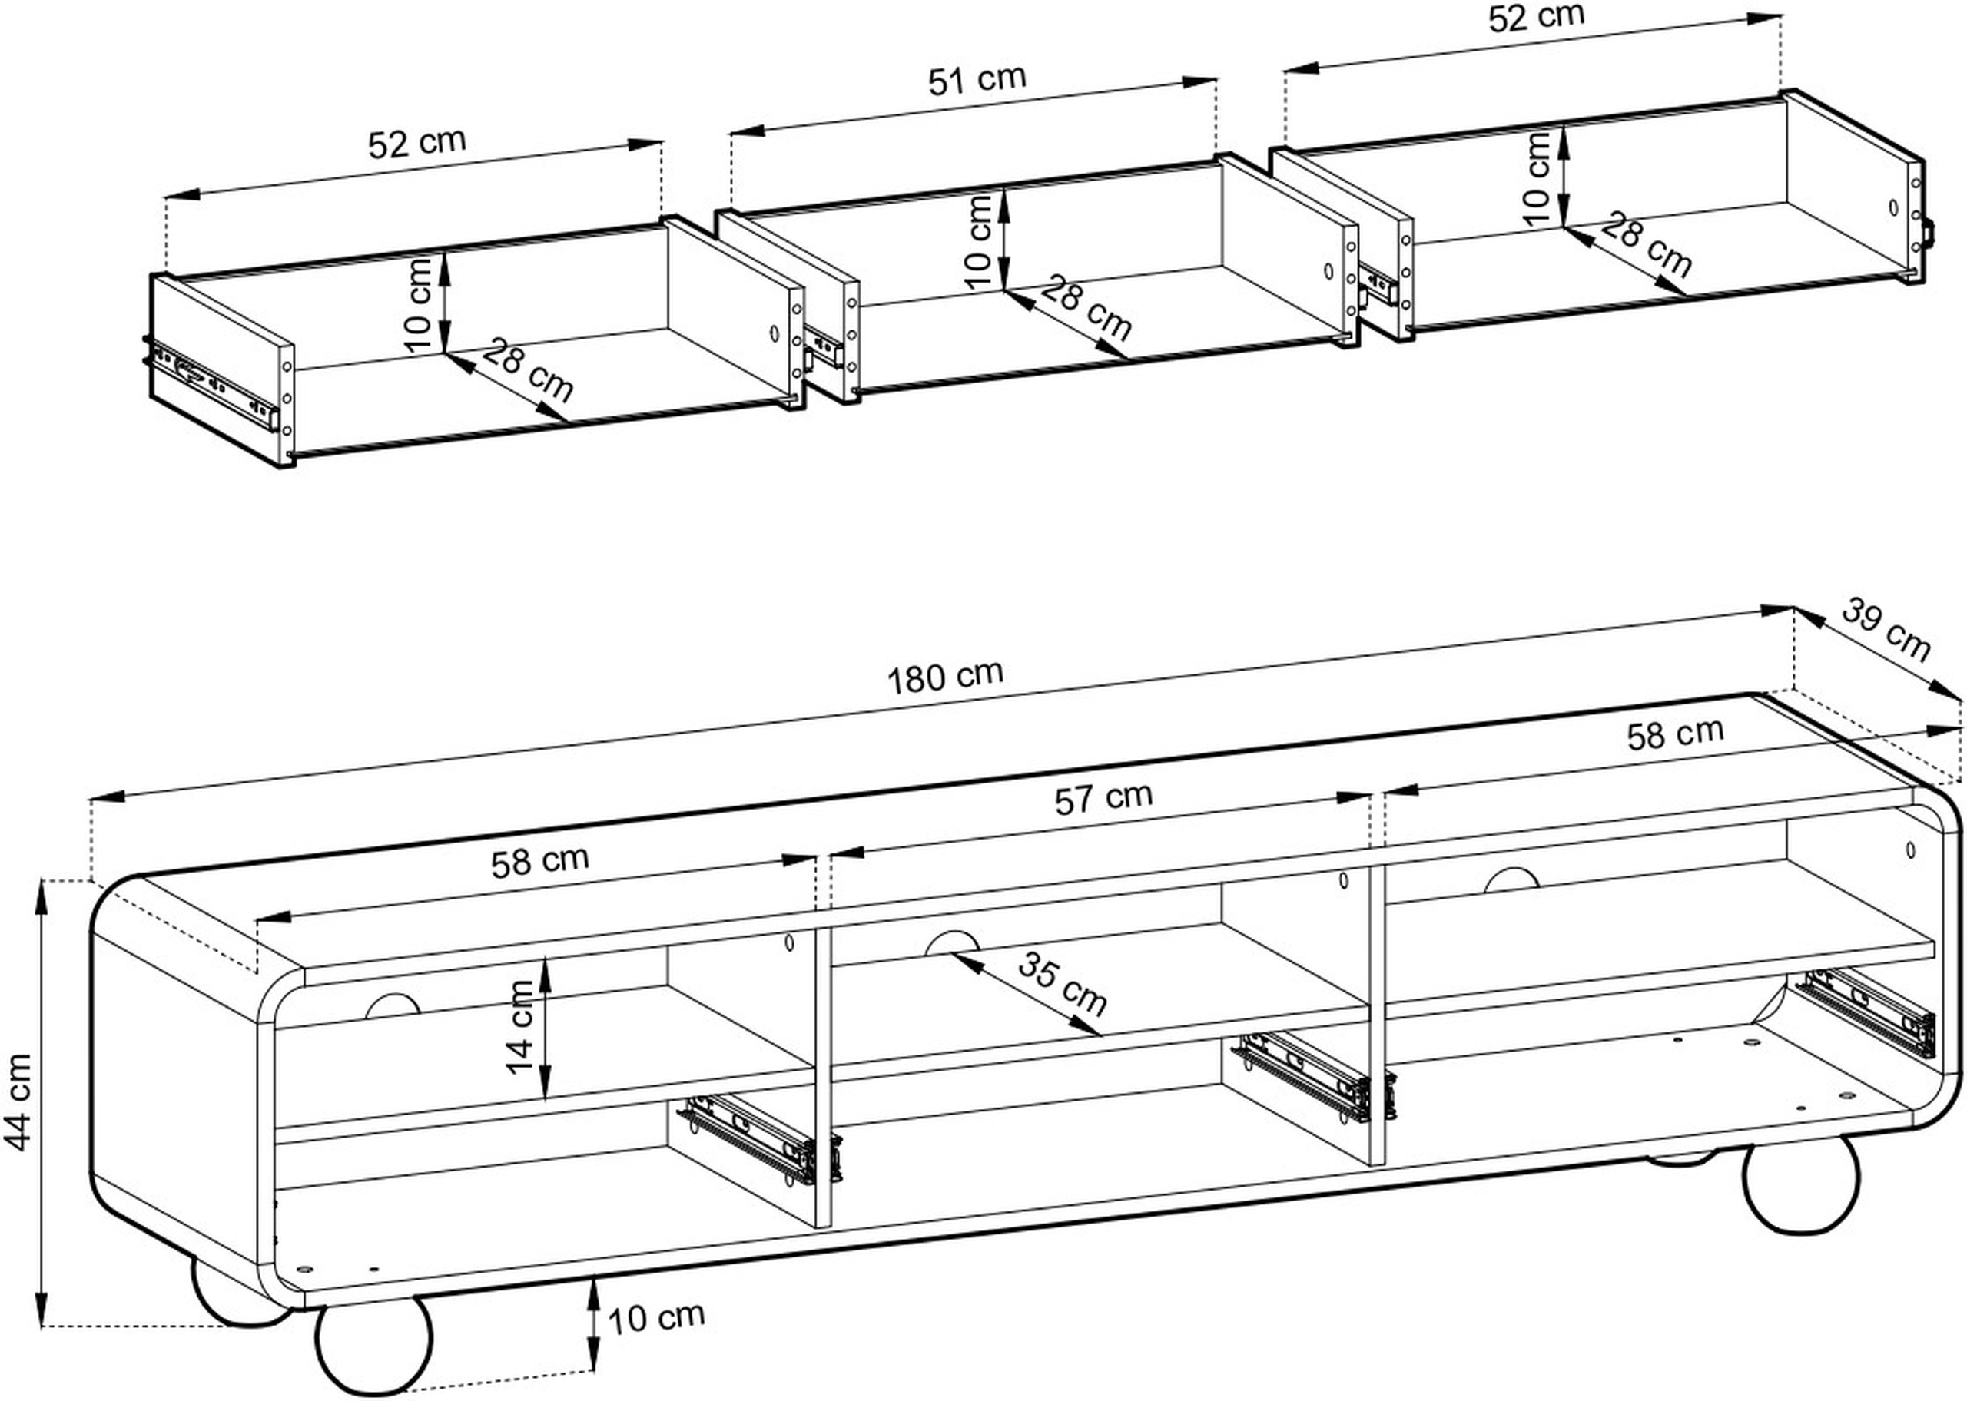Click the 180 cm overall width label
[946, 675]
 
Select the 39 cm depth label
[1886, 631]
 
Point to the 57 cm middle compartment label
[1103, 797]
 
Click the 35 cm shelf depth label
[1062, 985]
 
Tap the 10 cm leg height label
[655, 1317]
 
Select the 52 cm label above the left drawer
[416, 142]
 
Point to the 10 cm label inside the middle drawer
[979, 241]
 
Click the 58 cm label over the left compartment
[540, 861]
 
